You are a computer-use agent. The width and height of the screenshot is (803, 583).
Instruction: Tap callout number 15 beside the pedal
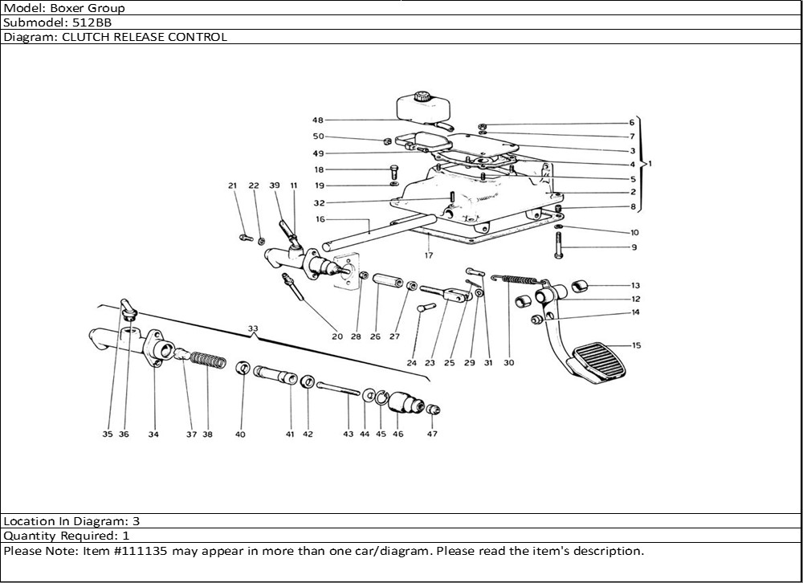coord(636,346)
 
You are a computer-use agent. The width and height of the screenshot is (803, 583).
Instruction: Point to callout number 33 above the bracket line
coord(253,328)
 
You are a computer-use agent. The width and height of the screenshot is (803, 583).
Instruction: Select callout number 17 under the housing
coord(429,255)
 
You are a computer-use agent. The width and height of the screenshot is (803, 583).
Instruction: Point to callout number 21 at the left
coord(233,186)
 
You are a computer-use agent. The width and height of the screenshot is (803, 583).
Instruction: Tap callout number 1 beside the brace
coord(650,163)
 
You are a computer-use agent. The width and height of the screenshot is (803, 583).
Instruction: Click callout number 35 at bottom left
coord(107,434)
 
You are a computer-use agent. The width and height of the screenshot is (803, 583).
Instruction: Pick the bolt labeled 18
coord(394,172)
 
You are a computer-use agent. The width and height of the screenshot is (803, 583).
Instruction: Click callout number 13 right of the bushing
coord(635,286)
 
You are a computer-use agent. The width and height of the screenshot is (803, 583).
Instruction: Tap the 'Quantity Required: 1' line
coord(67,535)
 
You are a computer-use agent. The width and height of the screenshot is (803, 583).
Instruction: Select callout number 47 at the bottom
coord(432,434)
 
